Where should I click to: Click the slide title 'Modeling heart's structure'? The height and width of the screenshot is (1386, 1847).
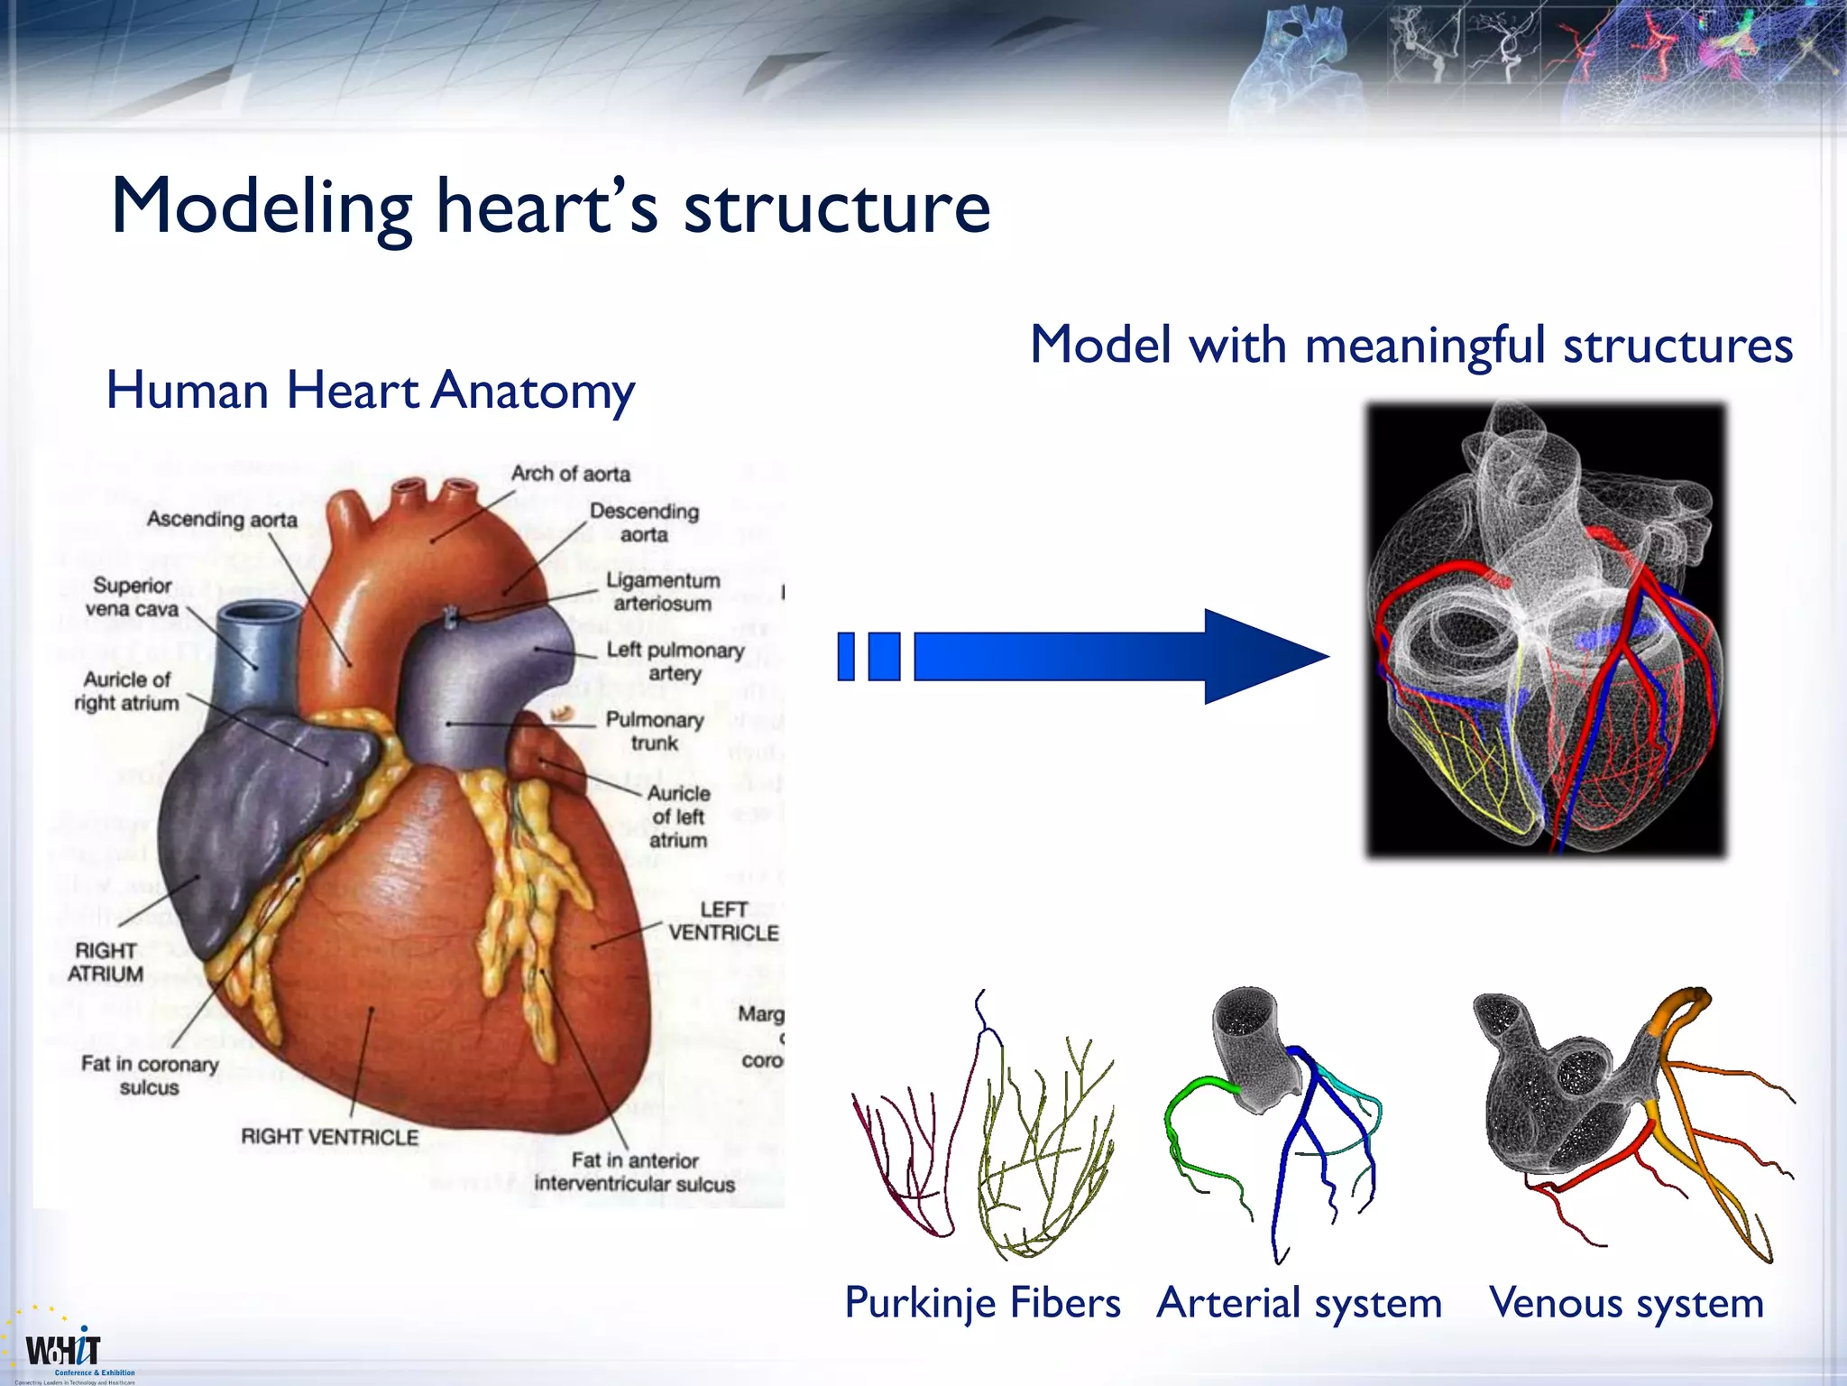550,208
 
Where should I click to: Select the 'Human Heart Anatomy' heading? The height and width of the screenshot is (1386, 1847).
371,391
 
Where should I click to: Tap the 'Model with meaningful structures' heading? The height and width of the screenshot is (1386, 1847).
1411,346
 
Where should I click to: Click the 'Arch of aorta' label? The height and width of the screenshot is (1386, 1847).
570,474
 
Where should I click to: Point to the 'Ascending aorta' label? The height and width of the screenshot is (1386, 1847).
222,520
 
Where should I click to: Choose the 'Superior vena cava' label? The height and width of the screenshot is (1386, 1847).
132,597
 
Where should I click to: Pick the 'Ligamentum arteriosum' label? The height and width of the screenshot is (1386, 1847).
663,592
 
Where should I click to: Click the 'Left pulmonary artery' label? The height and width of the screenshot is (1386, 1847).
675,661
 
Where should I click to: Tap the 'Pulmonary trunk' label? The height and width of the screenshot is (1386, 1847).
655,731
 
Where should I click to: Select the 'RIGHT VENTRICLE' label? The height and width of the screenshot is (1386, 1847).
329,1137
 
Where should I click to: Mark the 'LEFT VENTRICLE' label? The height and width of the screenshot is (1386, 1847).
723,921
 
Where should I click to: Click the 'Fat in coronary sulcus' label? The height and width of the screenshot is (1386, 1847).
150,1076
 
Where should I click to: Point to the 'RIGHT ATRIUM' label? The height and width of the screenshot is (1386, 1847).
106,962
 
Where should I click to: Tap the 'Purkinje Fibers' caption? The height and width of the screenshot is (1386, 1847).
982,1303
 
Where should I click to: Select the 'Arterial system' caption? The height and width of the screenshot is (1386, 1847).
1299,1303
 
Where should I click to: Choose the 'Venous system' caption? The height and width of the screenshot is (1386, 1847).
1626,1303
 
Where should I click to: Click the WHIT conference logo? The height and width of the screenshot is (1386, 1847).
63,1351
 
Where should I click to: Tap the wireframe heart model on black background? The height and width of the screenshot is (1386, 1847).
1545,629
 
